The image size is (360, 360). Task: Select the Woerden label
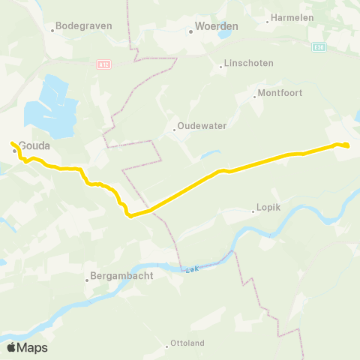click(x=216, y=25)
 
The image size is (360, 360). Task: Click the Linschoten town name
click(x=250, y=63)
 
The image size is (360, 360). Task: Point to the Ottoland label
click(x=188, y=346)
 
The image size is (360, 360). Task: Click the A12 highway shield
click(x=103, y=65)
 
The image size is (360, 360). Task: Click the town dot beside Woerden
click(x=190, y=31)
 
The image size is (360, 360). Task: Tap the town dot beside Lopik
click(x=253, y=212)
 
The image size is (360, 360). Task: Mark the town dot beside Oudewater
click(x=174, y=130)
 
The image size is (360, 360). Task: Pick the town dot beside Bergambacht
click(x=88, y=280)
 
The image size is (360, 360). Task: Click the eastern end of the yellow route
click(x=348, y=145)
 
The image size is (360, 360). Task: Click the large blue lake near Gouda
click(x=48, y=105)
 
